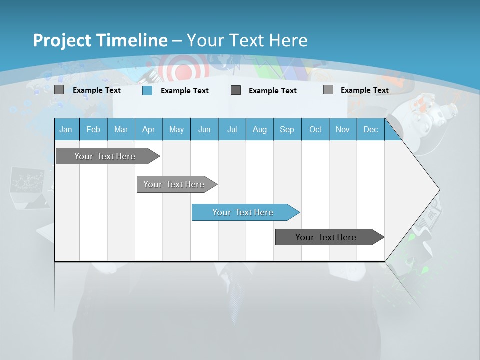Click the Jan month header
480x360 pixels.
(66, 129)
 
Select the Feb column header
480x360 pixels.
(93, 129)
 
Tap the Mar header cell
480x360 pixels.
(121, 129)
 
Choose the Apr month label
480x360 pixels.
(149, 129)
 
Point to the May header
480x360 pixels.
(176, 129)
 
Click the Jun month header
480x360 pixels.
(204, 129)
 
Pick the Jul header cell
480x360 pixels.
(232, 129)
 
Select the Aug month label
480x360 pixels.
(260, 129)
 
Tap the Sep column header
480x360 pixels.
(287, 129)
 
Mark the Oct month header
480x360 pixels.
(315, 129)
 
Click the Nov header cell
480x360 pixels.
(343, 129)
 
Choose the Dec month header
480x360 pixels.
(371, 129)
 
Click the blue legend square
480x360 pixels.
(147, 90)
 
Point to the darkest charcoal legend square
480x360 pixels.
(236, 90)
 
